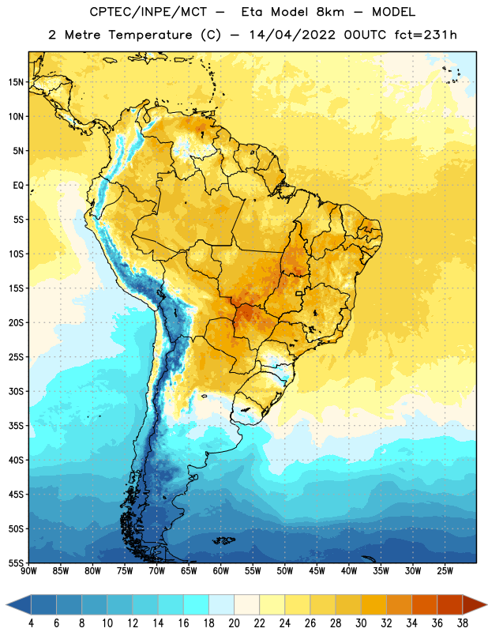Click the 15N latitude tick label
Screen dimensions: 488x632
click(x=16, y=82)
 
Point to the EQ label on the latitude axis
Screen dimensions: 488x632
click(x=18, y=186)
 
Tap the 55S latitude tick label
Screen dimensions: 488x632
click(x=16, y=562)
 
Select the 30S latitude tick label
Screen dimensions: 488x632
click(x=16, y=391)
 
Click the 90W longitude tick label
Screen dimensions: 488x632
click(x=28, y=570)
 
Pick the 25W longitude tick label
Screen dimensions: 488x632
click(x=445, y=570)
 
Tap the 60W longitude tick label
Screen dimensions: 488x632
click(x=221, y=570)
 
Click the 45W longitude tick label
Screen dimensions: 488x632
click(x=317, y=570)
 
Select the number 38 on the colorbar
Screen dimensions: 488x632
click(x=463, y=623)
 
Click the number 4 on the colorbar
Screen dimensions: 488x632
click(x=31, y=623)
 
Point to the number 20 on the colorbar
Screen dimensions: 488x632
click(x=234, y=623)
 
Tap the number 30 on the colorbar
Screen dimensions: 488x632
click(x=361, y=623)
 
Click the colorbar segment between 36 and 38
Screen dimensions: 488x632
click(x=450, y=605)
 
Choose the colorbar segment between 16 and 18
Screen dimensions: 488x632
click(x=197, y=605)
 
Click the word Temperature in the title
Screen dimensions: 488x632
click(x=151, y=35)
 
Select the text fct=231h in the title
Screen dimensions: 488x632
click(x=426, y=35)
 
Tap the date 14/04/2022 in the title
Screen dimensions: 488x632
click(x=292, y=35)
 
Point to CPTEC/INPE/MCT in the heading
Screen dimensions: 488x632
click(x=148, y=12)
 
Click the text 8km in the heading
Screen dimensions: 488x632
click(x=330, y=12)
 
